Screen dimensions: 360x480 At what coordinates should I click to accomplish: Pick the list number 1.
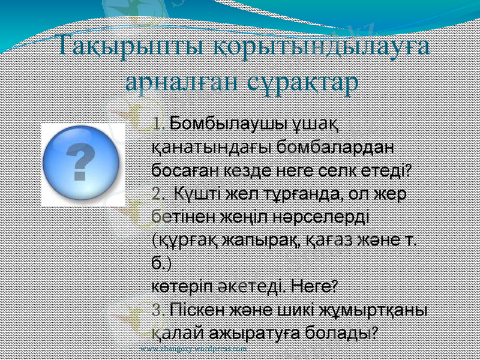[x=158, y=124]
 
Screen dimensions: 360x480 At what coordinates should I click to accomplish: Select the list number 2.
[x=158, y=194]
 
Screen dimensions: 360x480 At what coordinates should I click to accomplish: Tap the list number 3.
[x=158, y=311]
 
